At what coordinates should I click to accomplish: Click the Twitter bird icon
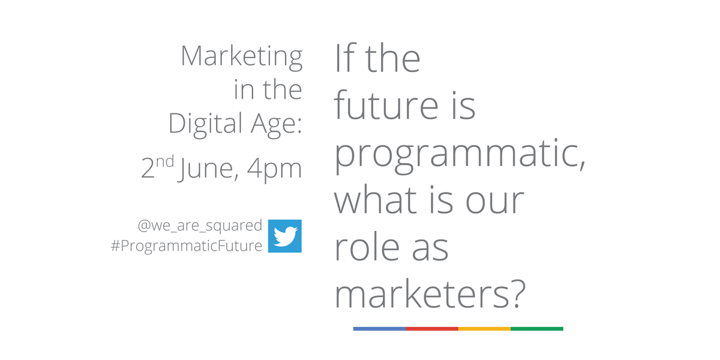click(284, 236)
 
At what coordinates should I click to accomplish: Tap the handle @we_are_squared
click(200, 226)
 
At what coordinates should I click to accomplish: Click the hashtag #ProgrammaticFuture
click(187, 246)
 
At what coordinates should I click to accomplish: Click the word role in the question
click(368, 247)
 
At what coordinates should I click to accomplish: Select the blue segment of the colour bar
click(379, 329)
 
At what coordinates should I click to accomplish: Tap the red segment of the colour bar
click(431, 329)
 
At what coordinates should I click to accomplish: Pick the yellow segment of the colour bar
click(484, 329)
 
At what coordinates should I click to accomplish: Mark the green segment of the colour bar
click(536, 329)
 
